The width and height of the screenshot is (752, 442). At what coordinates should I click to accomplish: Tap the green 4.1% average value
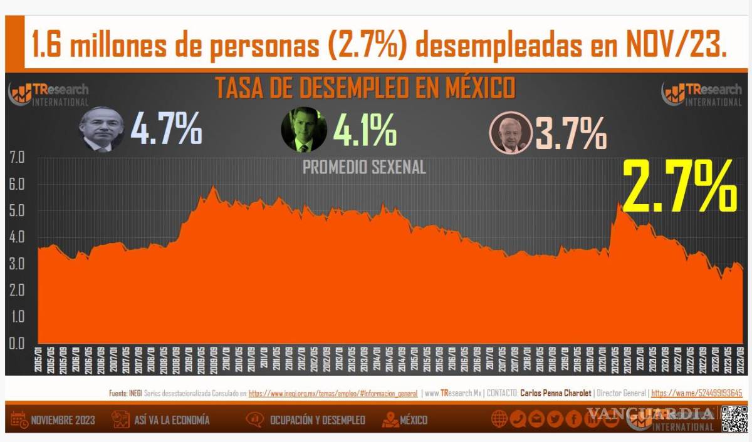364,130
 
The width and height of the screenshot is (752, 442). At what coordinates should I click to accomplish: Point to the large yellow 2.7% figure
679,186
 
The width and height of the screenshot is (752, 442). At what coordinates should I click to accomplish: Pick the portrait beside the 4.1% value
304,130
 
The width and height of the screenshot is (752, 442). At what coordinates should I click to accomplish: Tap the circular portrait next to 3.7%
511,133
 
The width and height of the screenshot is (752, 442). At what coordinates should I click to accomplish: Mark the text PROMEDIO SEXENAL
364,168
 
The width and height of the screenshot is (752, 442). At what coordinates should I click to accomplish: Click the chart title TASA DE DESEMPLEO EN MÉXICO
365,88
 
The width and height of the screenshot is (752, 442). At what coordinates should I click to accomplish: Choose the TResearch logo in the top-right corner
702,94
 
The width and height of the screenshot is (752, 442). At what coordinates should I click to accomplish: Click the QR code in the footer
734,419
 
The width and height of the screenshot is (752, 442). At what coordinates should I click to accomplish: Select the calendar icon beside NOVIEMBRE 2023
19,419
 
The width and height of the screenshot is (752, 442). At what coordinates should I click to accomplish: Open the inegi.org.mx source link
333,394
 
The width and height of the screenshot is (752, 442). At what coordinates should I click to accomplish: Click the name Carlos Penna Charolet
556,394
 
